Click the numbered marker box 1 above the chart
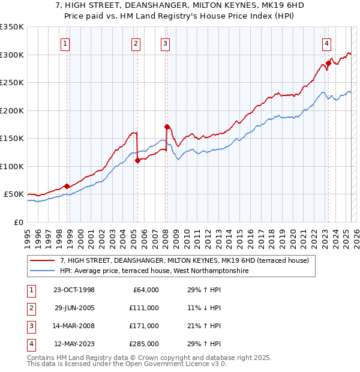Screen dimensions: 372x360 click(65, 43)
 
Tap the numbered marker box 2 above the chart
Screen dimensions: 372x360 click(136, 43)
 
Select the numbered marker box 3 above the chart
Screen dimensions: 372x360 click(165, 43)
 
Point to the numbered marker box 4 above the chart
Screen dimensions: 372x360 click(326, 43)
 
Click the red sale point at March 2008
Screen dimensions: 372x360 click(167, 127)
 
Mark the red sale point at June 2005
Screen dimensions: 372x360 click(138, 160)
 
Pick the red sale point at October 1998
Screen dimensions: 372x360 click(67, 186)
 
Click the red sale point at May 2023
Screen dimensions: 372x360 click(328, 62)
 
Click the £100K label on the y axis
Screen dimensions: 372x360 click(12, 166)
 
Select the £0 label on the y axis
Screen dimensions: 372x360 click(17, 222)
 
